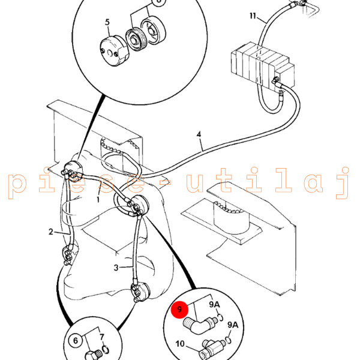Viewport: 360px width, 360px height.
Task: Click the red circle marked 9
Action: (x=178, y=311)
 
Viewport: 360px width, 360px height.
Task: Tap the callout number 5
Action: (x=107, y=23)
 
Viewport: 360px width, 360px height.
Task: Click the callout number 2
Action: (x=51, y=231)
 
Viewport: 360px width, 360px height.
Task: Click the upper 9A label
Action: (x=214, y=305)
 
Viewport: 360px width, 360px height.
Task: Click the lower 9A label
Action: (x=232, y=325)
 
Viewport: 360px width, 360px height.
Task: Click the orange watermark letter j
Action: (x=343, y=184)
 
